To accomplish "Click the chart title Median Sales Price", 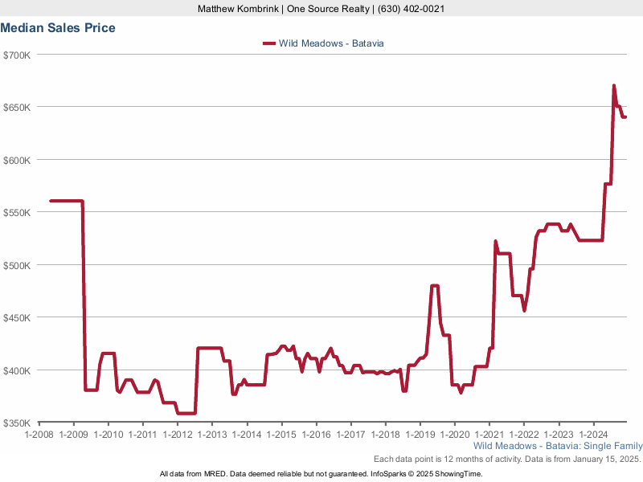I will pos(58,28).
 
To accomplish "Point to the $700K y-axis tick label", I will pos(16,55).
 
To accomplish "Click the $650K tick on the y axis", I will pos(16,108).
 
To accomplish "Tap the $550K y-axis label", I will pos(16,213).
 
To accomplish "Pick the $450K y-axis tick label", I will pos(16,318).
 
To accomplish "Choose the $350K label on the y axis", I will pos(16,423).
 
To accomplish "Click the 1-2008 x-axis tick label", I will pos(39,434).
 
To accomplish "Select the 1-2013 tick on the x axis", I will pos(212,434).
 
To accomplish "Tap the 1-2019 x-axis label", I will pos(420,434).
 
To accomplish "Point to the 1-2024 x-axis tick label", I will pos(594,434).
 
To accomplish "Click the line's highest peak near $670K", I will pos(614,85).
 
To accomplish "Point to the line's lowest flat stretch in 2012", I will pos(186,413).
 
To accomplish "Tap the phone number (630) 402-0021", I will pos(412,9).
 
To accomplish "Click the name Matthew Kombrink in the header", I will pos(239,9).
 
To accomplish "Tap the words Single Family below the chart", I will pos(616,445).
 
